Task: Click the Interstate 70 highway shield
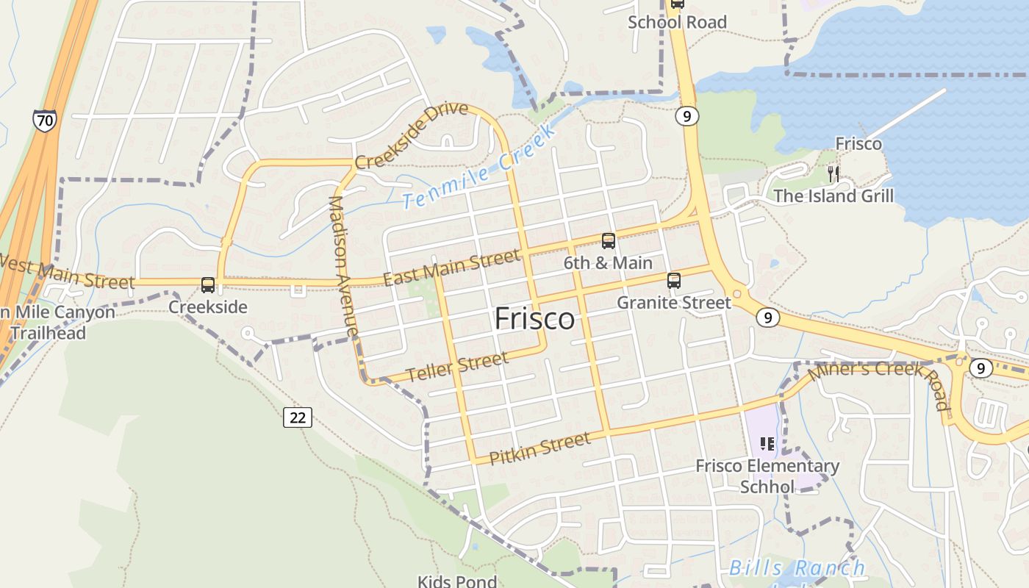pyautogui.click(x=45, y=120)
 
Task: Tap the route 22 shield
pyautogui.click(x=297, y=417)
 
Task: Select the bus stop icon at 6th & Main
pyautogui.click(x=609, y=240)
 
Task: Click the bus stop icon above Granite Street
pyautogui.click(x=674, y=280)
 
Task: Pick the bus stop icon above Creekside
pyautogui.click(x=208, y=284)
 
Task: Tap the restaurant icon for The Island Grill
pyautogui.click(x=833, y=174)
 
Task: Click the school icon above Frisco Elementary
pyautogui.click(x=767, y=444)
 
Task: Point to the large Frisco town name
pyautogui.click(x=534, y=319)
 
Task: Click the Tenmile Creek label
pyautogui.click(x=479, y=168)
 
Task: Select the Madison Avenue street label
pyautogui.click(x=343, y=265)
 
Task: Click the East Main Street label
pyautogui.click(x=451, y=268)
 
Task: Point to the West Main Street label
pyautogui.click(x=67, y=271)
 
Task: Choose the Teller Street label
pyautogui.click(x=456, y=367)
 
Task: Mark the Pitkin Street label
pyautogui.click(x=539, y=448)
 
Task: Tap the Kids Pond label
pyautogui.click(x=457, y=581)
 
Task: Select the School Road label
pyautogui.click(x=677, y=22)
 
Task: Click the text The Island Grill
pyautogui.click(x=833, y=196)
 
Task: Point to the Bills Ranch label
pyautogui.click(x=797, y=568)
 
